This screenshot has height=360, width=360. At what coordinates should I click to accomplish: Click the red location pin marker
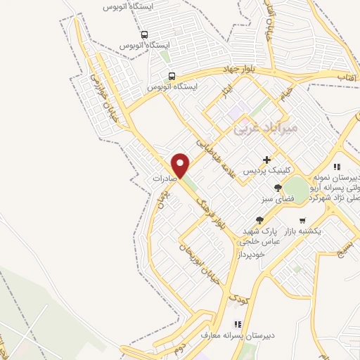(181, 166)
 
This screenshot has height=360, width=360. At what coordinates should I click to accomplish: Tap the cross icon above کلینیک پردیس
(266, 160)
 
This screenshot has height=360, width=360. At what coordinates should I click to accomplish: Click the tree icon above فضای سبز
(278, 188)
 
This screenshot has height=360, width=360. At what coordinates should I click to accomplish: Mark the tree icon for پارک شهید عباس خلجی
(259, 221)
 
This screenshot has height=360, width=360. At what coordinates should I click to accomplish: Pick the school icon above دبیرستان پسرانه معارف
(237, 325)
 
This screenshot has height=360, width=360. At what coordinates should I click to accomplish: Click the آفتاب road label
(325, 75)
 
